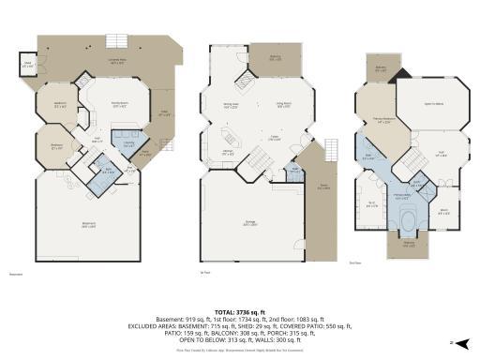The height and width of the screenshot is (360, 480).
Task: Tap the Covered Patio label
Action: point(117,62)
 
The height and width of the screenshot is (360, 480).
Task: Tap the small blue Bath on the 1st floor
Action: point(294,171)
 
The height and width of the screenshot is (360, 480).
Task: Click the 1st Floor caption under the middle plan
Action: point(204,274)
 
